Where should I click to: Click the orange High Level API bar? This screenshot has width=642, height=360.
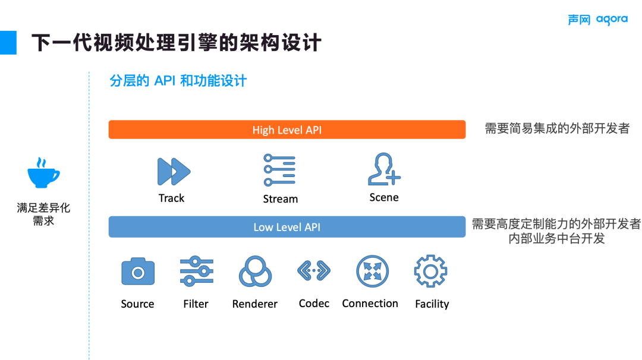(x=287, y=130)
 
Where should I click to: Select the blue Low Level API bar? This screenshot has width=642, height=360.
(x=287, y=227)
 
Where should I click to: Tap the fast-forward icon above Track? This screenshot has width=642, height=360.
(x=173, y=172)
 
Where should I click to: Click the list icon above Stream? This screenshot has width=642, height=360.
(x=279, y=170)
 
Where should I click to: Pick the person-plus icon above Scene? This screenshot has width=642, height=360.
(x=383, y=170)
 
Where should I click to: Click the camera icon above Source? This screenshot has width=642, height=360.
(x=138, y=272)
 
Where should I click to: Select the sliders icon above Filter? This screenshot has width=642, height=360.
(x=197, y=271)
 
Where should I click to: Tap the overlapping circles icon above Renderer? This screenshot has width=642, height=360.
(x=255, y=272)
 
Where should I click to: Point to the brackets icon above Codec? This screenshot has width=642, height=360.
(x=313, y=271)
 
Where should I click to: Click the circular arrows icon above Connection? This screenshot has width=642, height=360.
(x=372, y=271)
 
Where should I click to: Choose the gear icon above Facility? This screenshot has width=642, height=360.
(x=430, y=271)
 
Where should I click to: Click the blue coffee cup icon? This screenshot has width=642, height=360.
(x=43, y=173)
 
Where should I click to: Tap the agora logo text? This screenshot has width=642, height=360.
(x=612, y=20)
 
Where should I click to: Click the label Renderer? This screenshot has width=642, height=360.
(x=254, y=304)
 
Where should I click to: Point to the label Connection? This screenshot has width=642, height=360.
(x=370, y=304)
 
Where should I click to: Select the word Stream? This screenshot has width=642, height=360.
(x=280, y=199)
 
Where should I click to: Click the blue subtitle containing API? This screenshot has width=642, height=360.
(x=178, y=81)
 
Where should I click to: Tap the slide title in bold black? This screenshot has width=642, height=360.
(x=176, y=43)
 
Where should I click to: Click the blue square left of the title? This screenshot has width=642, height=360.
(x=8, y=42)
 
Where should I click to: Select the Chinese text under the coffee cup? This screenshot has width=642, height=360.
(x=43, y=214)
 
